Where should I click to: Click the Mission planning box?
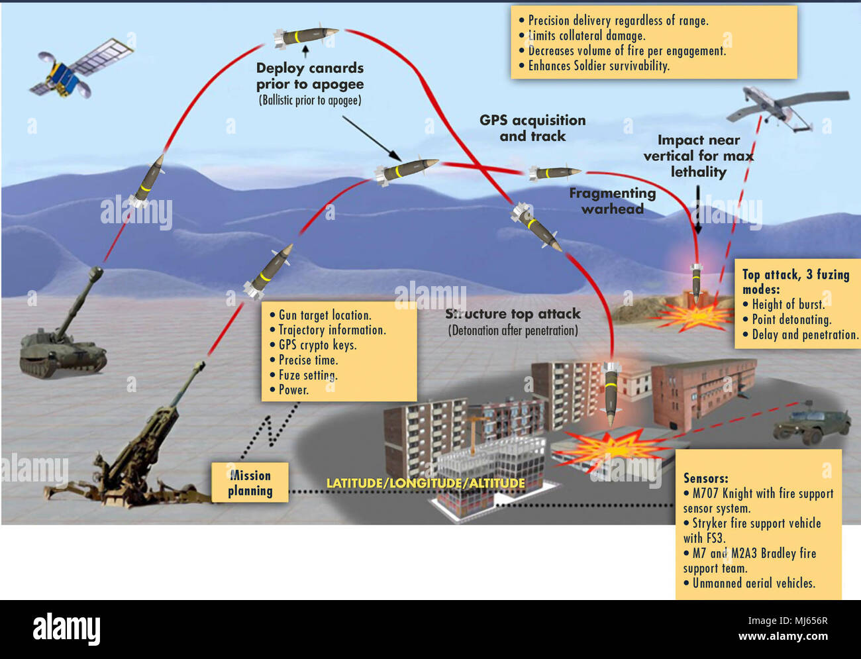pos(250,483)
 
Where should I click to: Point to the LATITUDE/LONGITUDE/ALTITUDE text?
pos(425,483)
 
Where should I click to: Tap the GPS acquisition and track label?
pos(532,128)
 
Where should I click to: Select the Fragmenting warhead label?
pos(612,201)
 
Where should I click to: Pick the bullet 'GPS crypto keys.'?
pos(317,345)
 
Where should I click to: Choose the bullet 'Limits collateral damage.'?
pos(586,36)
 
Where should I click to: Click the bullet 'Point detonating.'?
pos(791,319)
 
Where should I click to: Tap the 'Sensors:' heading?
pos(705,478)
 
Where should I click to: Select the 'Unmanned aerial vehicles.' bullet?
pos(753,583)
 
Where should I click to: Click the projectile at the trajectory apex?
pos(306,36)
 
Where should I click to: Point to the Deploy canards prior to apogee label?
pos(310,76)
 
